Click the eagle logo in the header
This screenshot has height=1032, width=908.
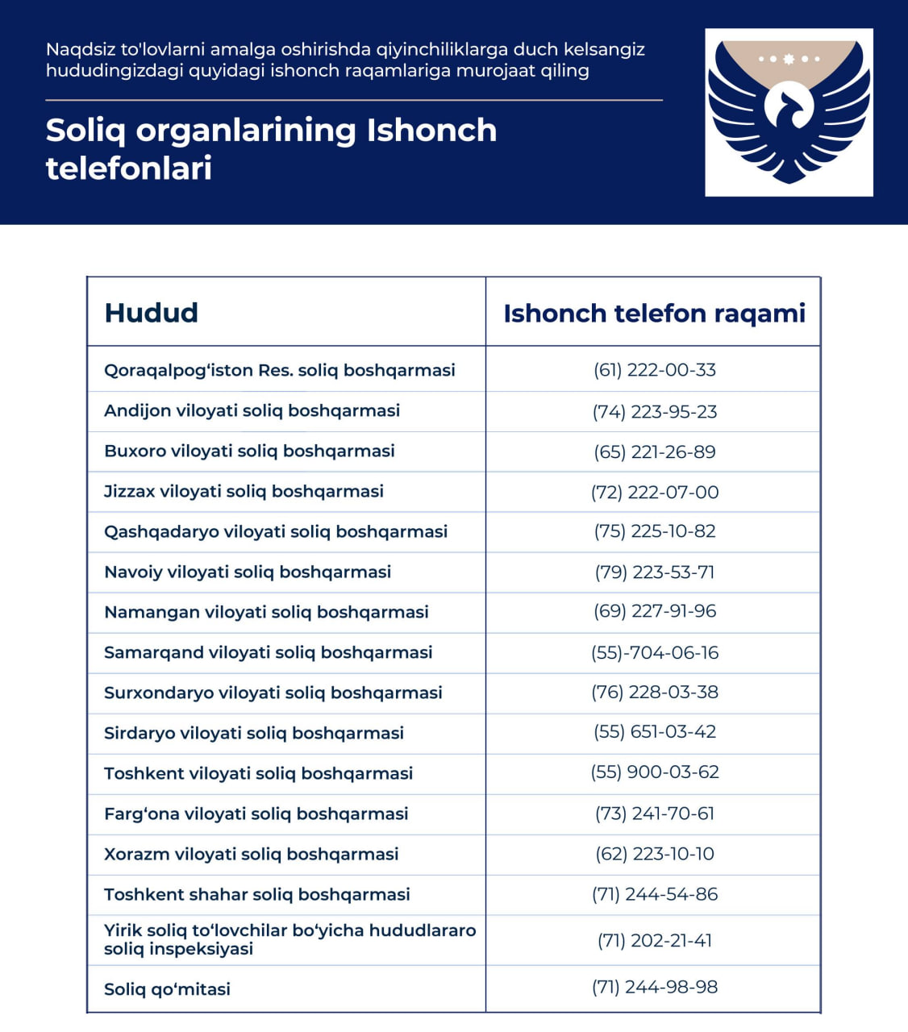(789, 112)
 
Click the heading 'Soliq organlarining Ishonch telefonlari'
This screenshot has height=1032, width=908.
(271, 149)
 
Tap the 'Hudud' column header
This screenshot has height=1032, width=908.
(152, 313)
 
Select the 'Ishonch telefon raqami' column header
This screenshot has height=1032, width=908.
(654, 313)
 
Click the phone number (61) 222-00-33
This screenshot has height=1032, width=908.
(655, 370)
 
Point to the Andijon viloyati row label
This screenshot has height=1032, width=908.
(252, 410)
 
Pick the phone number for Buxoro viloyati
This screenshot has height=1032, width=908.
(655, 451)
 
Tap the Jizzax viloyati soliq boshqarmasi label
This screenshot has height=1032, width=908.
(244, 491)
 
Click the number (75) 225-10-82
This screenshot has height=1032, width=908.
(655, 531)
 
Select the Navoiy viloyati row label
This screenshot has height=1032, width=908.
(248, 572)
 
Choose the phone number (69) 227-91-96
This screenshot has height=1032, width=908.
(655, 611)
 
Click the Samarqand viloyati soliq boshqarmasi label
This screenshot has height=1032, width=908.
(268, 652)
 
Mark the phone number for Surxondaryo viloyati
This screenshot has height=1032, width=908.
(655, 692)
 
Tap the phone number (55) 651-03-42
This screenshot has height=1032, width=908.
(655, 732)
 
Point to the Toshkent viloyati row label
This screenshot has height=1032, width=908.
(258, 773)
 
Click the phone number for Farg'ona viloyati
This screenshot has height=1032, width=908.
(655, 814)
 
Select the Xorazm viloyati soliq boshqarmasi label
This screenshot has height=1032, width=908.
(251, 854)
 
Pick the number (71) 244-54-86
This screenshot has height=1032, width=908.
(655, 894)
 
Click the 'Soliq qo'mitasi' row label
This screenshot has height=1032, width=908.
(167, 988)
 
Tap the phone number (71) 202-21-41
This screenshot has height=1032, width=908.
(655, 940)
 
